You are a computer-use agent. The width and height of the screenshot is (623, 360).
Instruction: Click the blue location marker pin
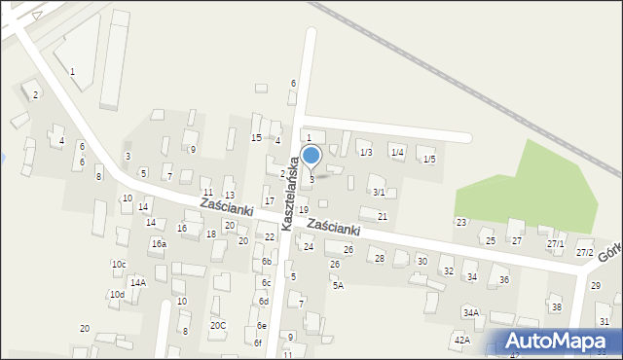click(x=311, y=157)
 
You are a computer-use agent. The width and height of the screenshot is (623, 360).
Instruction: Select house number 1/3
click(x=365, y=153)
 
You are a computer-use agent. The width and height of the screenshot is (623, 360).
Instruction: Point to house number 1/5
click(x=429, y=159)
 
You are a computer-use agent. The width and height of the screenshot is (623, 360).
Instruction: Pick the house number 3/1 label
click(x=378, y=193)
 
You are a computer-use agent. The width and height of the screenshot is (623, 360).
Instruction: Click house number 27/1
click(x=555, y=244)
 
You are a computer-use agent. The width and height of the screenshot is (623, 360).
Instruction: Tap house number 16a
click(x=158, y=244)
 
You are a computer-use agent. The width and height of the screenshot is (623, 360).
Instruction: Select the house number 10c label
click(x=118, y=265)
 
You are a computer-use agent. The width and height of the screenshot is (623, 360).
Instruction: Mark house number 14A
click(x=138, y=283)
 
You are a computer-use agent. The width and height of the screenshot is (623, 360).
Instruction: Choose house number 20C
click(x=218, y=326)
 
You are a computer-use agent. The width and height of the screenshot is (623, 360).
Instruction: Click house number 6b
click(x=266, y=262)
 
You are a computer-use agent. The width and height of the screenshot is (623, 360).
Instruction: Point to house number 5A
click(x=338, y=285)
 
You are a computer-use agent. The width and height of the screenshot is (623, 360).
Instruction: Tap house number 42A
click(x=461, y=341)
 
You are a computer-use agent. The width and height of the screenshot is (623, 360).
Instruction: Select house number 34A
click(x=470, y=313)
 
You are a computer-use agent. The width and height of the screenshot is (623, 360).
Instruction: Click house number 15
click(x=256, y=138)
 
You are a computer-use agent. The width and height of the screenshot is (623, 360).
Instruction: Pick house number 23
click(x=460, y=223)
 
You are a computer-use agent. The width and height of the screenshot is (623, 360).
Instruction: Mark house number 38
click(x=556, y=307)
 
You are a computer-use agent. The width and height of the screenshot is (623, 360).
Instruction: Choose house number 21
click(x=383, y=216)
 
